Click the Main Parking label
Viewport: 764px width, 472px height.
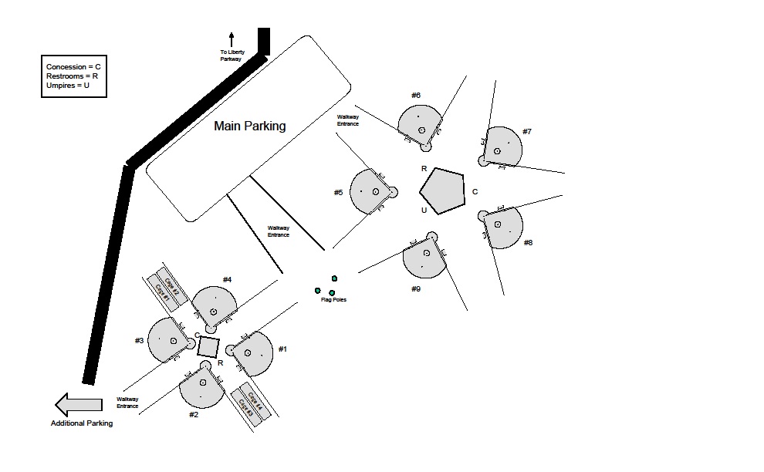(x=249, y=126)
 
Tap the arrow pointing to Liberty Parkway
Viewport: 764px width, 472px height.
(x=231, y=39)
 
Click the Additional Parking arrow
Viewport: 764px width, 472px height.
(x=78, y=404)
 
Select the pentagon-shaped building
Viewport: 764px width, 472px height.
(x=443, y=190)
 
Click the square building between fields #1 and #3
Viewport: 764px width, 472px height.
(x=208, y=346)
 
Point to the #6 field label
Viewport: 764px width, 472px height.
(x=415, y=95)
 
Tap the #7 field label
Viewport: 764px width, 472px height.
(x=526, y=131)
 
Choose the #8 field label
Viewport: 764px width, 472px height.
(x=528, y=242)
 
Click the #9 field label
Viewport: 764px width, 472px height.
(x=415, y=288)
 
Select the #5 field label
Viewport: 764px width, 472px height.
(x=338, y=192)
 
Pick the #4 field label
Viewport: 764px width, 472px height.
(x=227, y=279)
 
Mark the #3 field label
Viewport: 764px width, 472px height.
(x=139, y=340)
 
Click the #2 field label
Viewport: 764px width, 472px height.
(x=194, y=414)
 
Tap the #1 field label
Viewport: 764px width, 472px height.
(x=282, y=349)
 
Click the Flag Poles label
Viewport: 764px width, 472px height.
(x=333, y=299)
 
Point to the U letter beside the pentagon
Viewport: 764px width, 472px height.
(x=424, y=210)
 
